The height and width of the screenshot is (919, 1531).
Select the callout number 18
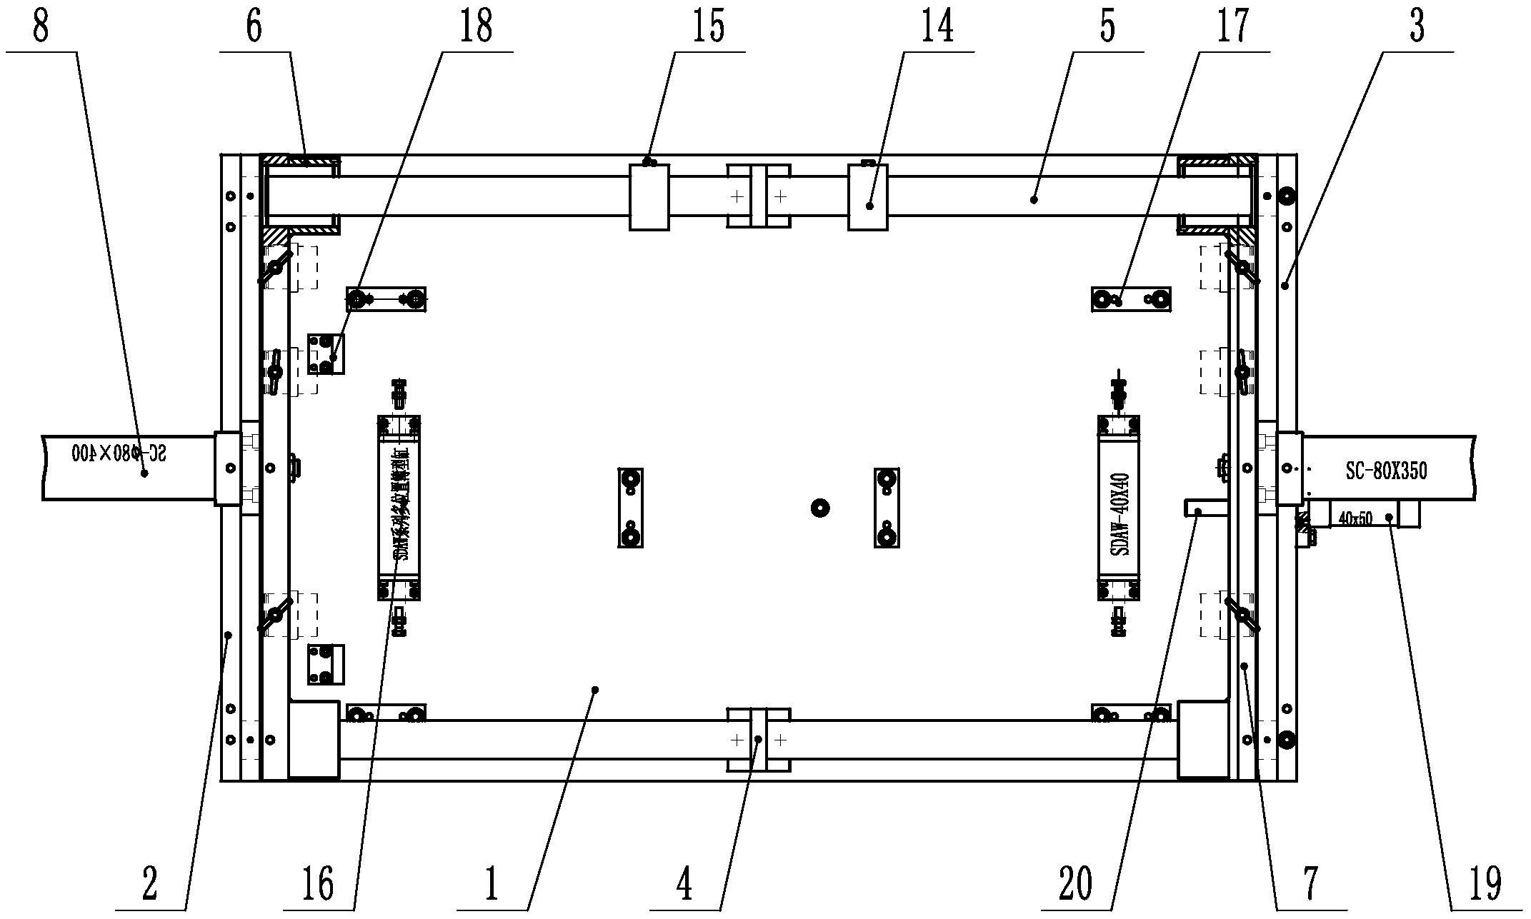pyautogui.click(x=477, y=26)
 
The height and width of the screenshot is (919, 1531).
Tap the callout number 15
pyautogui.click(x=708, y=26)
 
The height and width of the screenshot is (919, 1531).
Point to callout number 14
pyautogui.click(x=937, y=26)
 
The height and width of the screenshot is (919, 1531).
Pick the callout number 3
pyautogui.click(x=1417, y=26)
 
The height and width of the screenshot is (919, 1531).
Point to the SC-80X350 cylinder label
pyautogui.click(x=1377, y=472)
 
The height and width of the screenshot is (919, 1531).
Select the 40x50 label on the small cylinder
pyautogui.click(x=1355, y=519)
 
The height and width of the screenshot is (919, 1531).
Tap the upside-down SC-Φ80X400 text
pyautogui.click(x=119, y=452)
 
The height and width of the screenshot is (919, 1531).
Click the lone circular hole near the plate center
pyautogui.click(x=820, y=508)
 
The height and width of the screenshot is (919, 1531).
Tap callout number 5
pyautogui.click(x=1107, y=26)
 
